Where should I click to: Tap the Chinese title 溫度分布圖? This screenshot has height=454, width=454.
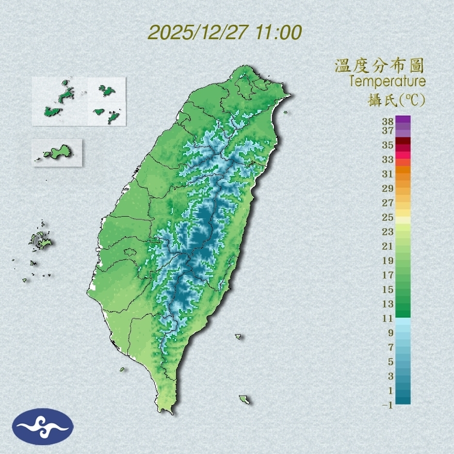pos(379,66)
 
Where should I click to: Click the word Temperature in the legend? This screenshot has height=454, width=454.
pos(387,82)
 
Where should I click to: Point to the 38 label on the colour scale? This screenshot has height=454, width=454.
pos(388,122)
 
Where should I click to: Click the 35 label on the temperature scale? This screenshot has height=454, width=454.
pos(388,145)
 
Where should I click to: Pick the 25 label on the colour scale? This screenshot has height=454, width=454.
pos(388,217)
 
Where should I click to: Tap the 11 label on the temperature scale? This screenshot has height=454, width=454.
pos(388,318)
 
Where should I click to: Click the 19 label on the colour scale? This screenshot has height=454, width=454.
pos(388,261)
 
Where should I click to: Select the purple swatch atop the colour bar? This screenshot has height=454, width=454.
pos(403,119)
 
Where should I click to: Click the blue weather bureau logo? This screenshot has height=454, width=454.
pos(43,427)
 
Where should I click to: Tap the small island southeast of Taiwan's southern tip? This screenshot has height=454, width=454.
pos(244,399)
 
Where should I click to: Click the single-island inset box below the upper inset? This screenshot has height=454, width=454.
pos(57,152)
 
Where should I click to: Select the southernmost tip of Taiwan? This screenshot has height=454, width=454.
pos(167,411)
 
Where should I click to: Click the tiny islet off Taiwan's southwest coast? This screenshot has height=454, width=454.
pos(123,369)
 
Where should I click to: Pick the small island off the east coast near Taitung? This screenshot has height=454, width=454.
pos(238,336)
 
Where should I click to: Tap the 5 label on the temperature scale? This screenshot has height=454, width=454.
pos(391,362)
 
